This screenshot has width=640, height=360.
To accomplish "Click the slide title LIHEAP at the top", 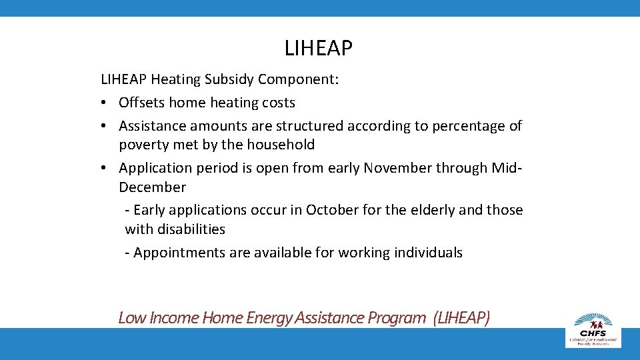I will (x=319, y=48).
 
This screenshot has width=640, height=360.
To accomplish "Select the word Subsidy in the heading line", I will (x=229, y=79).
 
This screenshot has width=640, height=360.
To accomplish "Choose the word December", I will (x=152, y=187).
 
